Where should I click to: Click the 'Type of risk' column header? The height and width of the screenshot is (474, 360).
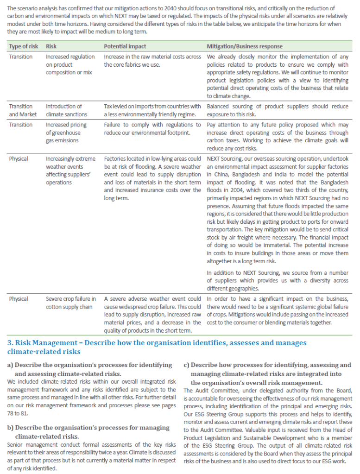[23, 46]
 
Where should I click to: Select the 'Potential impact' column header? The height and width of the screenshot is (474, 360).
[125, 46]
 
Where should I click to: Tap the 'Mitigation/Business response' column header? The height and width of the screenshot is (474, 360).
[245, 46]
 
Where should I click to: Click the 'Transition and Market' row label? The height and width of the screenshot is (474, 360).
[21, 110]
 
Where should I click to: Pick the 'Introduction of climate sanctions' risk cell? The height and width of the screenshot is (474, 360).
[66, 110]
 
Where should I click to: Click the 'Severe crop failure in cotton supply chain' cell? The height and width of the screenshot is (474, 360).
[71, 303]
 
